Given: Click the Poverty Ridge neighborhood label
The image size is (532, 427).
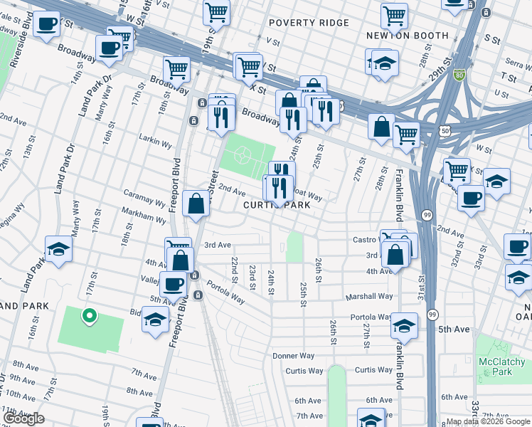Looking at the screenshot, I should [x=309, y=23].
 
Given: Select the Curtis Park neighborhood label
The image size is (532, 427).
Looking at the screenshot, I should [x=277, y=205].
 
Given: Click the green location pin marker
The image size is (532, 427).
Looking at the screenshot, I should [x=89, y=315].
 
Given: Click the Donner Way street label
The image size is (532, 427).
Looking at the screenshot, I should [x=293, y=356].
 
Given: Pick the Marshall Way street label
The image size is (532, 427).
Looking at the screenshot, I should [x=369, y=296].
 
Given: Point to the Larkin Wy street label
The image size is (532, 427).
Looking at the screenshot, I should [x=156, y=144].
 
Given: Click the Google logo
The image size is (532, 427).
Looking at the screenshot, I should [x=24, y=418].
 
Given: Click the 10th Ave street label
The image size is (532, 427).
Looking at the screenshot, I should [x=19, y=394].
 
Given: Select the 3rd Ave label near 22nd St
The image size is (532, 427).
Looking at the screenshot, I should [x=218, y=245].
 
